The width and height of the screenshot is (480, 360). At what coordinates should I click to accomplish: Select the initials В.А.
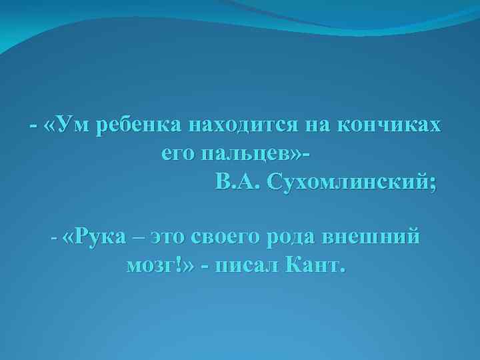click(x=239, y=181)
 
